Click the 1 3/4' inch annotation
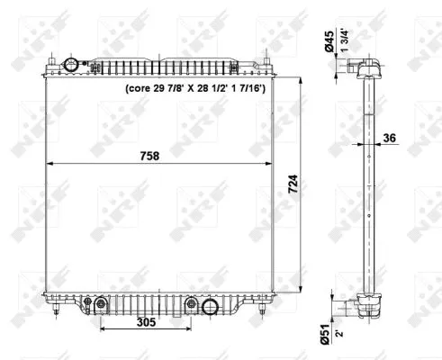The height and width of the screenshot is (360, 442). pos(345,45)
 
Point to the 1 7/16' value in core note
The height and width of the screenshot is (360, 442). pos(261,89)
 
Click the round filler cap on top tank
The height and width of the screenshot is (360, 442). pos(73,65)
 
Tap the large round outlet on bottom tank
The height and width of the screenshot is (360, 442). pos(210,307)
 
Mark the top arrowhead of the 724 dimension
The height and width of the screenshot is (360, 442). pos(302,80)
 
